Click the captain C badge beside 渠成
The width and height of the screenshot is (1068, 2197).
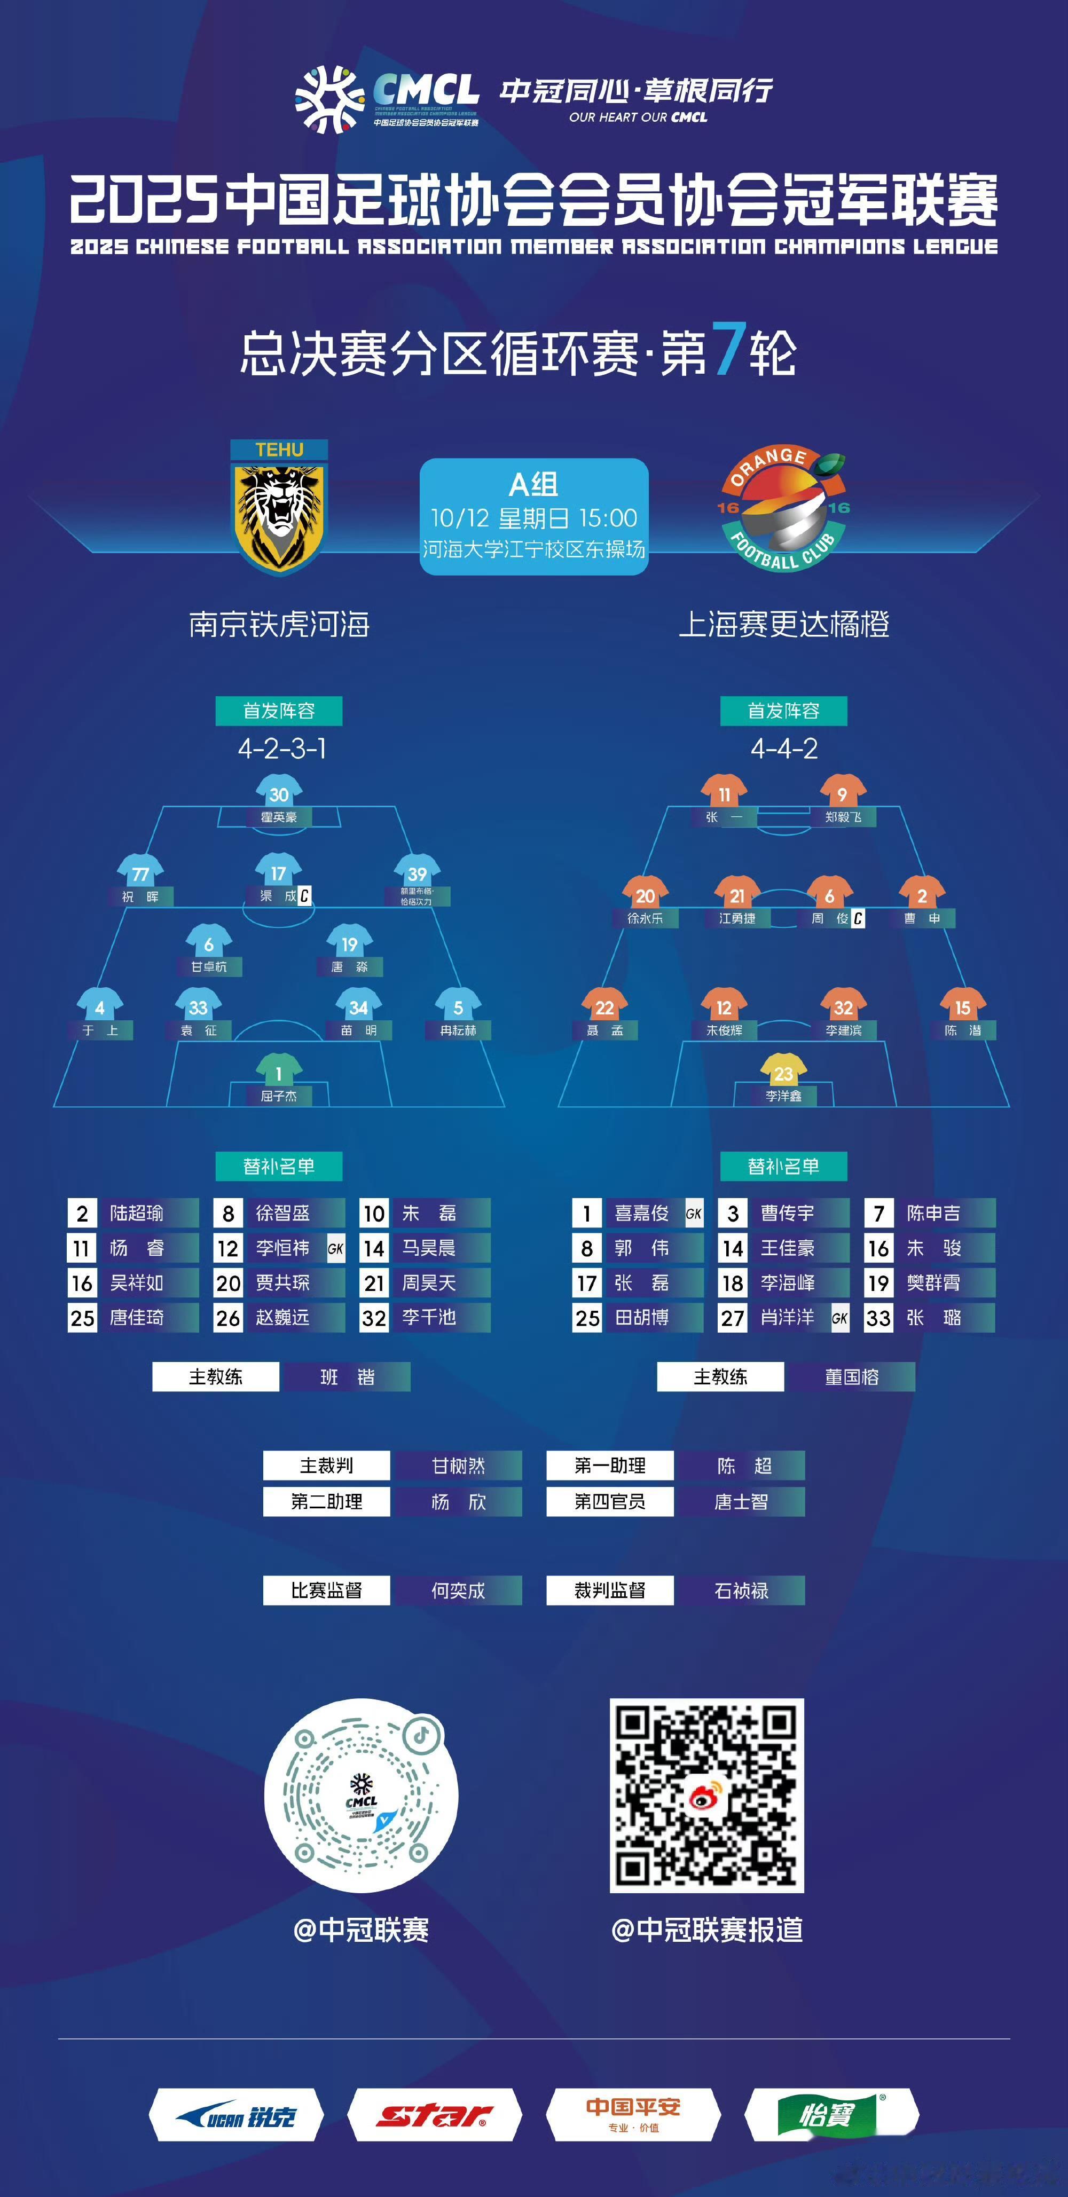pos(304,895)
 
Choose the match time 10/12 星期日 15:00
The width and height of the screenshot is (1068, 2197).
pos(534,518)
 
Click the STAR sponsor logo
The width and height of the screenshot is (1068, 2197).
pos(434,2115)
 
